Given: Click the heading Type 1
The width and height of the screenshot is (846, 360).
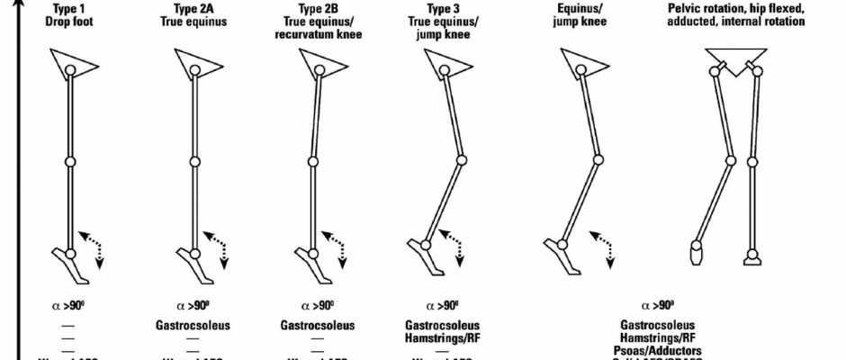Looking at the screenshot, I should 69,8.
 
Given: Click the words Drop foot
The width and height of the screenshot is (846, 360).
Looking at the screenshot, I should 69,21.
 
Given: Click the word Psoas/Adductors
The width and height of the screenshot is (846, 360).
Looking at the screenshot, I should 661,350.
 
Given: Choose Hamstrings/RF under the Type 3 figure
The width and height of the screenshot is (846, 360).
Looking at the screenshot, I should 442,338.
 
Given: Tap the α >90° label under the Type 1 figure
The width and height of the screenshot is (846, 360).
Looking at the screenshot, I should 69,304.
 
